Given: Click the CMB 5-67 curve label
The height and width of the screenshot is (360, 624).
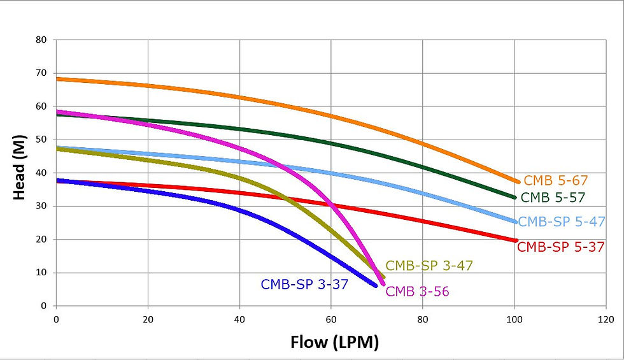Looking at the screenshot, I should (x=555, y=181).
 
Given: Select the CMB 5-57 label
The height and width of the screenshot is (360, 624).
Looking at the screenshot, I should (x=553, y=198).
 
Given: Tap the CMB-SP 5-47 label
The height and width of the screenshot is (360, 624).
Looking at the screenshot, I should (x=562, y=222).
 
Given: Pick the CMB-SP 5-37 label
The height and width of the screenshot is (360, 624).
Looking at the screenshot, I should (x=560, y=247).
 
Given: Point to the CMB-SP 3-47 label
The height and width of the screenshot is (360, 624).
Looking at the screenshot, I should (x=429, y=266).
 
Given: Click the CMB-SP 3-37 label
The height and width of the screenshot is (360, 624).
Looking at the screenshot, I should (x=304, y=285).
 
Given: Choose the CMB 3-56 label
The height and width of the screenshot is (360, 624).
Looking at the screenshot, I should (x=418, y=292).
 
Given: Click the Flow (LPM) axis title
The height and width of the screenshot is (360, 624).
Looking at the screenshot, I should (x=335, y=342).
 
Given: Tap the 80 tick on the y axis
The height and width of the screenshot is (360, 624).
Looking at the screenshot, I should (x=41, y=40).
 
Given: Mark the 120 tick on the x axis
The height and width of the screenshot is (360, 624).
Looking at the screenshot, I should (x=606, y=319).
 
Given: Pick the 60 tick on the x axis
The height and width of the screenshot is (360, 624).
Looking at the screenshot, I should (x=331, y=319).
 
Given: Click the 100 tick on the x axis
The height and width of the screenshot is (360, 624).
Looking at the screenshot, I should (x=514, y=319).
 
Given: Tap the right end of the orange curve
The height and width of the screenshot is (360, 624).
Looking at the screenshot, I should (x=518, y=182).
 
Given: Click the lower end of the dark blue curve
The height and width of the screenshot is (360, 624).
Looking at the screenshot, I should (x=376, y=285).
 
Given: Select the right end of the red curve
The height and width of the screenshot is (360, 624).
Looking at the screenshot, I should (x=516, y=240).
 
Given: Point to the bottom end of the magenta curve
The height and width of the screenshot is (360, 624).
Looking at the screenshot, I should (x=383, y=284).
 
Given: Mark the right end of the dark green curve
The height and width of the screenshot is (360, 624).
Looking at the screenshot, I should (x=515, y=198).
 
